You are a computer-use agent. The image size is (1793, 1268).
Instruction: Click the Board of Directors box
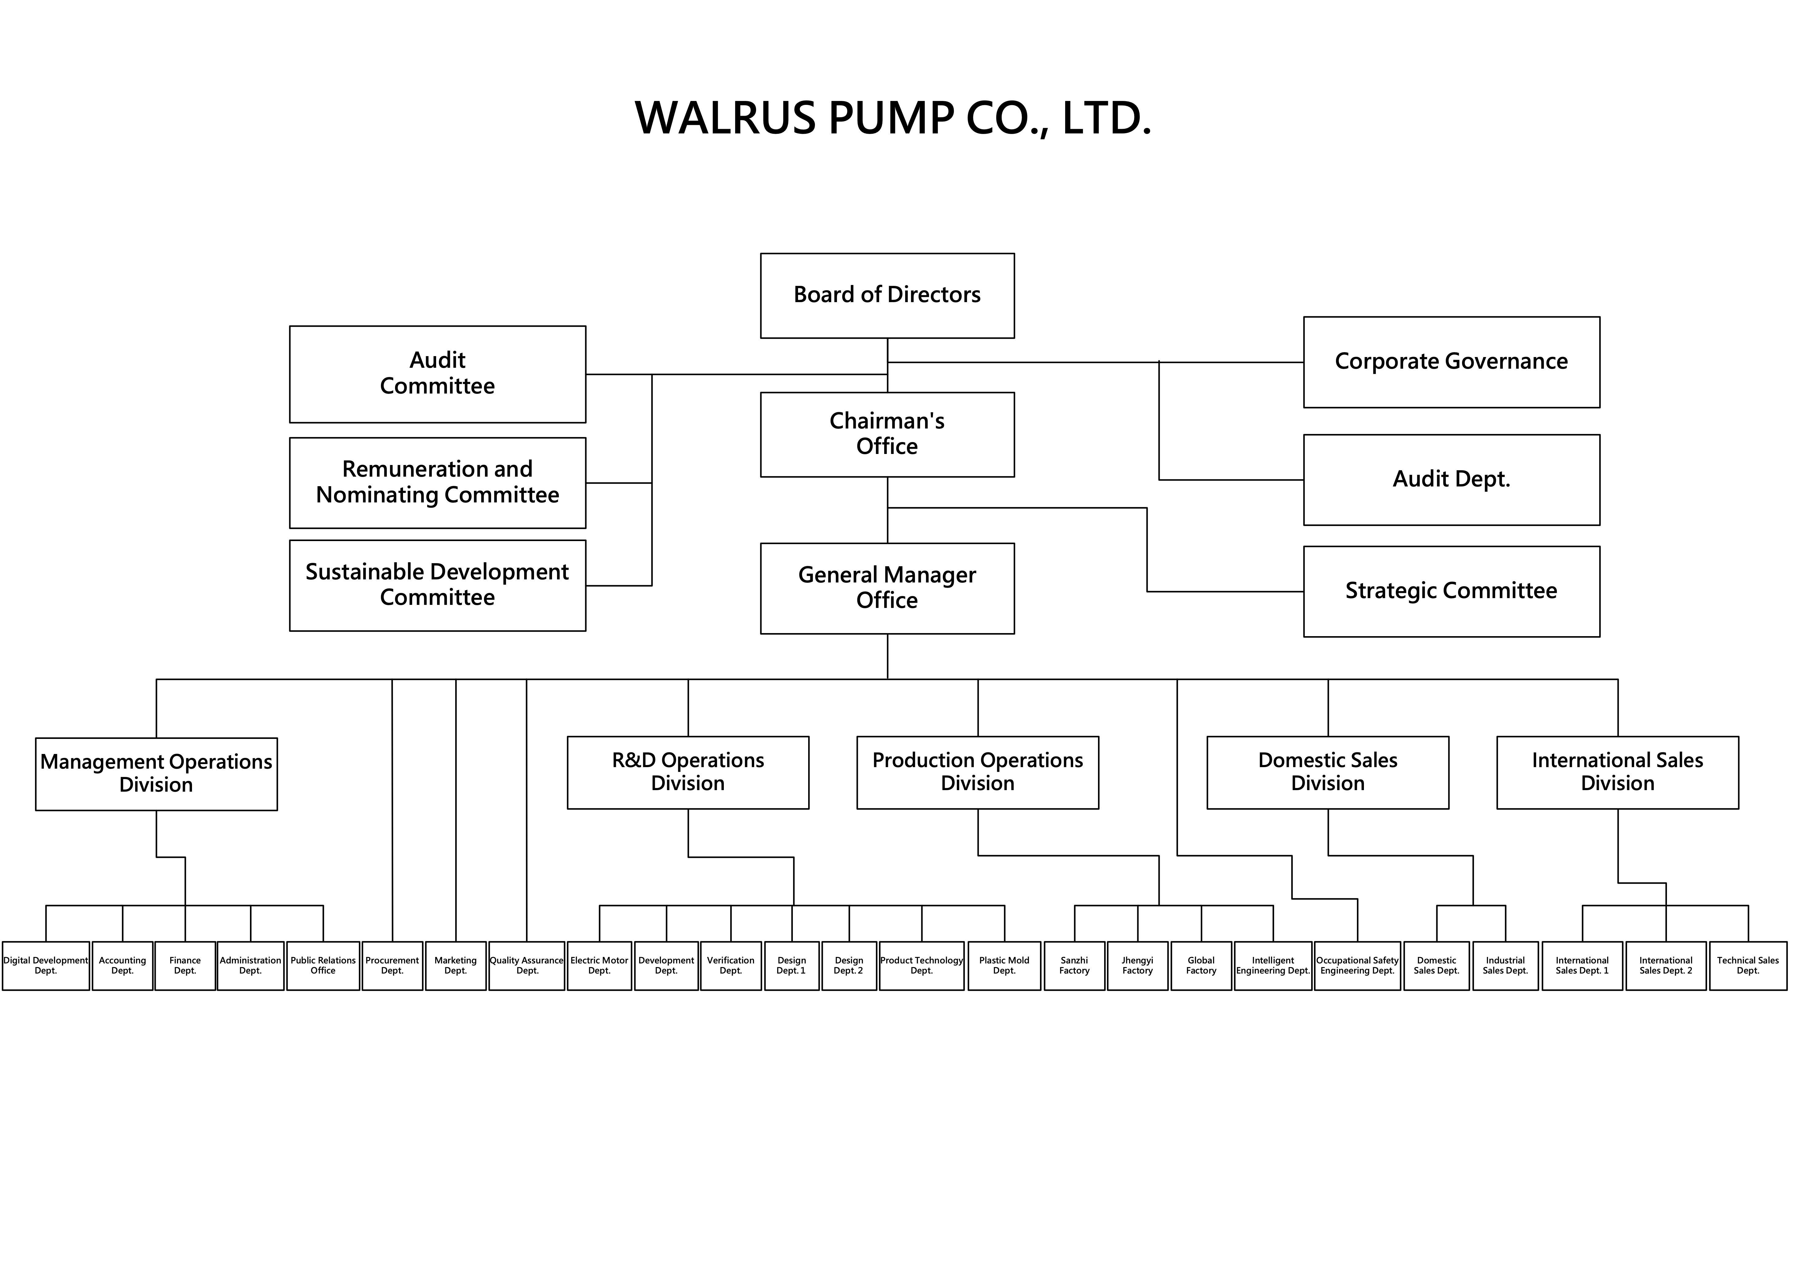887,295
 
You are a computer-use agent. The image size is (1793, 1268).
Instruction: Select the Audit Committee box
437,374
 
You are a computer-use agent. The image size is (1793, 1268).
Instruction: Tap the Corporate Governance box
1451,362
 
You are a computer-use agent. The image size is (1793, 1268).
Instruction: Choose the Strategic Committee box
1451,591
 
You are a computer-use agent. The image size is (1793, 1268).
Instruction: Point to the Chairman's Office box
887,434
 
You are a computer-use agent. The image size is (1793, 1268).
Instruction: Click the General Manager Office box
887,588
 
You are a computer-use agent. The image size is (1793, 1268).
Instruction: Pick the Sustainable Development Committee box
437,585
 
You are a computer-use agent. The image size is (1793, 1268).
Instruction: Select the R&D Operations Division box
688,772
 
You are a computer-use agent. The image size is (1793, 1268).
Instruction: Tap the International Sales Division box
1617,772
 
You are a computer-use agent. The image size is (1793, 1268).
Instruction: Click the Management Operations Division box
156,774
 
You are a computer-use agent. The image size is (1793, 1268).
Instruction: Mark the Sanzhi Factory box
1075,966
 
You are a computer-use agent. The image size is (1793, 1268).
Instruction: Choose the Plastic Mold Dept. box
1004,966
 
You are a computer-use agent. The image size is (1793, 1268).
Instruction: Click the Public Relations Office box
323,966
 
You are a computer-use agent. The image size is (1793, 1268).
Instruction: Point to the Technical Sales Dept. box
1748,966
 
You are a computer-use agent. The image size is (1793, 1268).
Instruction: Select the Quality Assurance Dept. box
527,966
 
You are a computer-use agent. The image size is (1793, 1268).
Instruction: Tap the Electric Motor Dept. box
599,966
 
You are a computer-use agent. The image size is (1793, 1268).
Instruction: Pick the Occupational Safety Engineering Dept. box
1357,966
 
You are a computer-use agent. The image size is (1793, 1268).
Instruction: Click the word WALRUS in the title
725,119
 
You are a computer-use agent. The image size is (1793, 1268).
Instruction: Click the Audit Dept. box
1451,479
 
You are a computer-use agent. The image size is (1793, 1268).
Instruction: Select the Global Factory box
1201,966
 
